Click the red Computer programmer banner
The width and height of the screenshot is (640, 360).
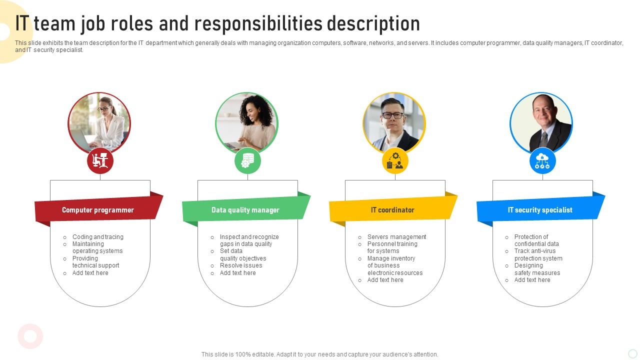point(98,209)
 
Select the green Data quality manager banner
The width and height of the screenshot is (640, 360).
point(246,209)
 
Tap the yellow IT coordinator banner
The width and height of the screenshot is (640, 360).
point(393,209)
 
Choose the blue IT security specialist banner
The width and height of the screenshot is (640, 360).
point(540,209)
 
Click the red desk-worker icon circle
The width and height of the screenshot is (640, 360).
point(100,161)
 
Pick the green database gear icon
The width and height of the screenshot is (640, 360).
point(247,161)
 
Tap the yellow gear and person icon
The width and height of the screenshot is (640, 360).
point(395,161)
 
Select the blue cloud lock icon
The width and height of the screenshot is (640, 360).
point(542,161)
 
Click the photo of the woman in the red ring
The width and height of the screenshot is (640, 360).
point(99,123)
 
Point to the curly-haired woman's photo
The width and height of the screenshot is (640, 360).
point(247,123)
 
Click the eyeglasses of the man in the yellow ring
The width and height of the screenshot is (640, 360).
point(393,115)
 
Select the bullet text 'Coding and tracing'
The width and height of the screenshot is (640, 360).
point(97,237)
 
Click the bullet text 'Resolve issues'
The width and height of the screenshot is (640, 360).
point(241,265)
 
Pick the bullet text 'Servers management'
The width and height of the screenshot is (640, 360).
point(396,237)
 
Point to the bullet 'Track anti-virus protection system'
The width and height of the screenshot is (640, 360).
point(538,254)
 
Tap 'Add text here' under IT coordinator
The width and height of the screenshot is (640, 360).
point(385,280)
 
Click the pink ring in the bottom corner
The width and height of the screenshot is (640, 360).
point(30,336)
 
